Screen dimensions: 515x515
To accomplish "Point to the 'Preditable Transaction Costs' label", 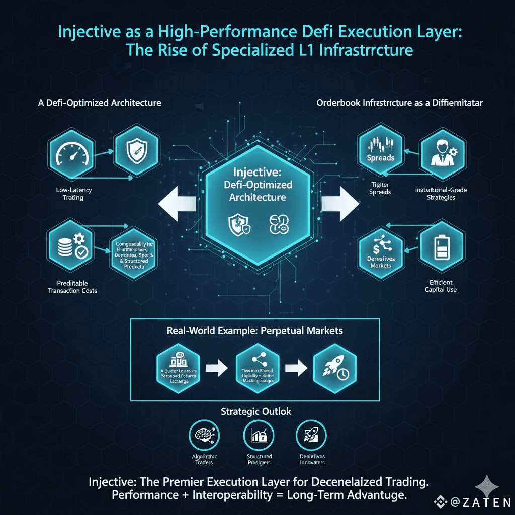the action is pos(72,287).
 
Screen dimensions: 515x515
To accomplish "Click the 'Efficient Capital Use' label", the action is pos(441,286).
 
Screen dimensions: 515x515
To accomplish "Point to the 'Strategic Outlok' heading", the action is pos(256,412).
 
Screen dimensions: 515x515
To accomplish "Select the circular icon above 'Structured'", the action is pos(258,434).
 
